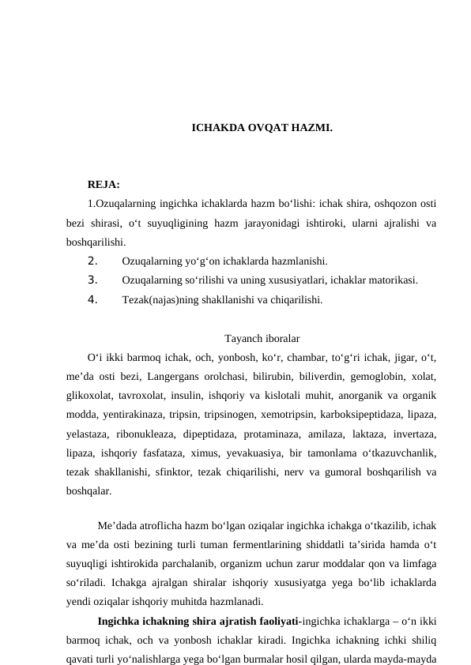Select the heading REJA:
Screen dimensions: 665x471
(104, 186)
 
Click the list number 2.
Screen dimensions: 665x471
(92, 260)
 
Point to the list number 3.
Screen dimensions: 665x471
(92, 279)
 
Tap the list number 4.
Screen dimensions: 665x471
(92, 299)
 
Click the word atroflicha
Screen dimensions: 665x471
(160, 526)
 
